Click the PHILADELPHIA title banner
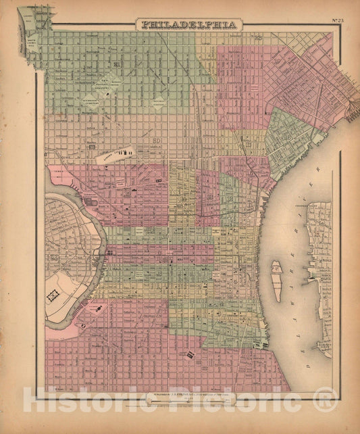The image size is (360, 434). click(188, 24)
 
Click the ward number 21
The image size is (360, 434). click(118, 65)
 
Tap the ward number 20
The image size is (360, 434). click(156, 141)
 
